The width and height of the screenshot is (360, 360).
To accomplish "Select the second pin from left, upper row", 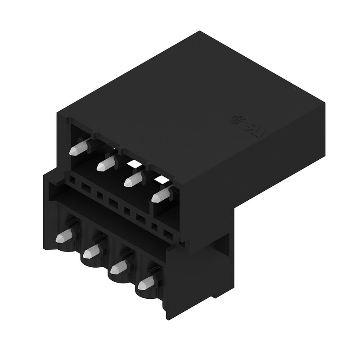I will coord(105,164).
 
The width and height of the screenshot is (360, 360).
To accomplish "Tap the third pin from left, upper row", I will coord(132,180).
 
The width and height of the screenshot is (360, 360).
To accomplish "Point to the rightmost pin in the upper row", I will coord(160,196).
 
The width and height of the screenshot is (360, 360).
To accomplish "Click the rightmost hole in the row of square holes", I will coord(168,234).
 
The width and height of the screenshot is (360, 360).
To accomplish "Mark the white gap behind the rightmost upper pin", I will coord(164,182).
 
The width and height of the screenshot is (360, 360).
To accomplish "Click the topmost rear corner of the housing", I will coord(199,31).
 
